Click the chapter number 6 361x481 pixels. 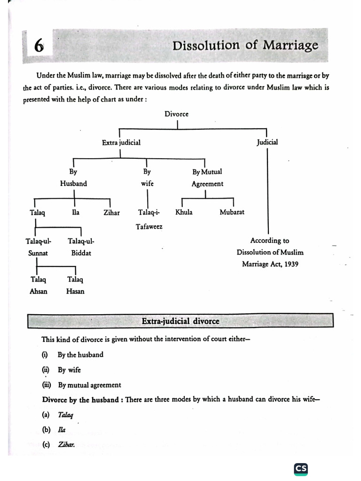tap(39, 47)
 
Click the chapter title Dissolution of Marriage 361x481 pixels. tap(245, 46)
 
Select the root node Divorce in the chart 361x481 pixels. tap(177, 114)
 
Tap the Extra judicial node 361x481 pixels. tap(121, 142)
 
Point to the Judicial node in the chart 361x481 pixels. tap(267, 142)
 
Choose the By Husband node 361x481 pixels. tap(73, 178)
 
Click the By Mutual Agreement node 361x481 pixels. tap(207, 178)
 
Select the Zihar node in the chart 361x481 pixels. tap(111, 212)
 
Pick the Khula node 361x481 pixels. tap(184, 212)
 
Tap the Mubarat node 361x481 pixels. tap(232, 212)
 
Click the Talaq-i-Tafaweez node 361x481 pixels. tap(149, 219)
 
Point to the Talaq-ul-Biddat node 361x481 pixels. tap(81, 247)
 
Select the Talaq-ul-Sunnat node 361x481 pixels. tap(39, 247)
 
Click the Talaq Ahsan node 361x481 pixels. tap(39, 285)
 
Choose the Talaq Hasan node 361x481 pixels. tap(75, 285)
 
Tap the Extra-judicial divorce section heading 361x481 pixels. tap(180, 321)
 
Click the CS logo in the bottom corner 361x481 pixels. tap(301, 468)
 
